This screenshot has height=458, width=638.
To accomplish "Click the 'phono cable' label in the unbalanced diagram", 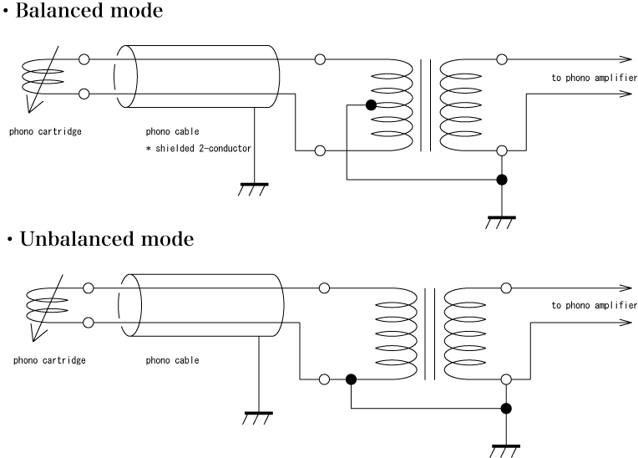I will pyautogui.click(x=173, y=361).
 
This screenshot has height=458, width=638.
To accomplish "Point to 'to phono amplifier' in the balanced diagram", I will pyautogui.click(x=594, y=78).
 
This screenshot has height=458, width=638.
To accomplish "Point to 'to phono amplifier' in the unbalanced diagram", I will pyautogui.click(x=594, y=305).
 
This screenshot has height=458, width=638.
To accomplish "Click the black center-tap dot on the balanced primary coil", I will pyautogui.click(x=371, y=104).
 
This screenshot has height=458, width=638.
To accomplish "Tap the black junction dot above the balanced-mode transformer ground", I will pyautogui.click(x=501, y=180).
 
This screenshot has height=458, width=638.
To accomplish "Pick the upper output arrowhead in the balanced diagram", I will pyautogui.click(x=625, y=59).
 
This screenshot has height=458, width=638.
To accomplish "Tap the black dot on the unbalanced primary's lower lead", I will pyautogui.click(x=351, y=379).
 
